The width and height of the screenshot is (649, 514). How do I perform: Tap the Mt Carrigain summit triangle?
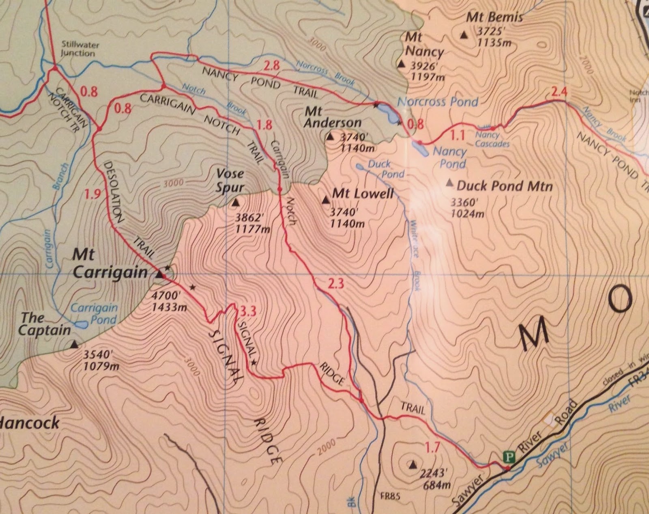tap(159, 275)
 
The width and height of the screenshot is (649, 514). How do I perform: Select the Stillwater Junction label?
tap(78, 49)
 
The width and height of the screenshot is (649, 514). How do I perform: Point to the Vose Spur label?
tap(230, 180)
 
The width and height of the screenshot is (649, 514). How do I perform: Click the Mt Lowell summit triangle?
tap(325, 200)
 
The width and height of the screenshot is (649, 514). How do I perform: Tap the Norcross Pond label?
tap(438, 102)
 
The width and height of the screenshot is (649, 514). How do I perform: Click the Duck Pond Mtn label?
tap(504, 186)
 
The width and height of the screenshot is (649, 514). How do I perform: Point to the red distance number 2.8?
tap(271, 65)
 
